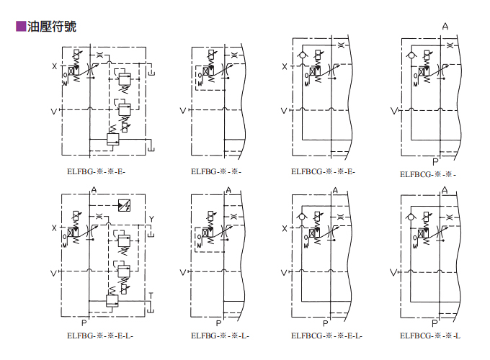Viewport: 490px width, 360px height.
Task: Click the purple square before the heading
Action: pos(21,27)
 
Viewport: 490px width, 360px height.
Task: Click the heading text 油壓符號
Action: pos(51,27)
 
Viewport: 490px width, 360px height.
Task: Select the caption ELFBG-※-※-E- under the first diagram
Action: pos(96,171)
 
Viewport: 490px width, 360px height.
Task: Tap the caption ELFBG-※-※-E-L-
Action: pos(100,336)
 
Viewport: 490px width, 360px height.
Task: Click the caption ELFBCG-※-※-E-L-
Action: pos(326,336)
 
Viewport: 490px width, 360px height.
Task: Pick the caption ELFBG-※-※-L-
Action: pos(220,336)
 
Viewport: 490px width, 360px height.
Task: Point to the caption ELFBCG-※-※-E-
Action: pos(323,171)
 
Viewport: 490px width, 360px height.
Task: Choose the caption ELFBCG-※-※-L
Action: pos(430,336)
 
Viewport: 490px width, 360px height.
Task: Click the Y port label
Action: pos(151,219)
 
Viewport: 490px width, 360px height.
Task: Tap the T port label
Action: pos(151,295)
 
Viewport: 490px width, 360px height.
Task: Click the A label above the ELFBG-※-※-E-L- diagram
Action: pos(94,189)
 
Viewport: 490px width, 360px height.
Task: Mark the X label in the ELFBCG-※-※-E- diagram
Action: pos(284,67)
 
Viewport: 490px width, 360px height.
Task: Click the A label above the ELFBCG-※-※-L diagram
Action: pos(445,190)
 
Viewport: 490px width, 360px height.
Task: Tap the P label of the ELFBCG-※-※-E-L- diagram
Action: pos(326,323)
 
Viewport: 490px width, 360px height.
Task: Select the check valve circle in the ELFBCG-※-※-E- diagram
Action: pos(301,54)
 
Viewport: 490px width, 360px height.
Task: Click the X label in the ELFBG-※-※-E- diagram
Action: pos(54,67)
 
